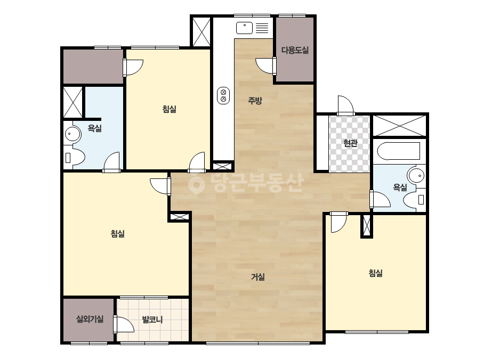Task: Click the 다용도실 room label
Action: (295, 50)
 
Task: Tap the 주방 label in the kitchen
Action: (255, 101)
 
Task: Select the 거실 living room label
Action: (258, 277)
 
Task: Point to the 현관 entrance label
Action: (350, 143)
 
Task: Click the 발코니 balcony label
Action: (152, 320)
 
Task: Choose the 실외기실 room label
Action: (90, 319)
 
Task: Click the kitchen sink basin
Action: (245, 28)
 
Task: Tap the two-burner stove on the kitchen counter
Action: (223, 95)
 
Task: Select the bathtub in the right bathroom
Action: (399, 151)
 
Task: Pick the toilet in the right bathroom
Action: (415, 200)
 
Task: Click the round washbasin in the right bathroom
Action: (416, 175)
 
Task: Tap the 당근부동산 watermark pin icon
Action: (196, 184)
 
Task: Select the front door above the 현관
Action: (345, 105)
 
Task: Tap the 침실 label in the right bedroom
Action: (376, 273)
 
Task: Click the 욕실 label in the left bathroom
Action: (94, 128)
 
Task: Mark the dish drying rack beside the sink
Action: (262, 28)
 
